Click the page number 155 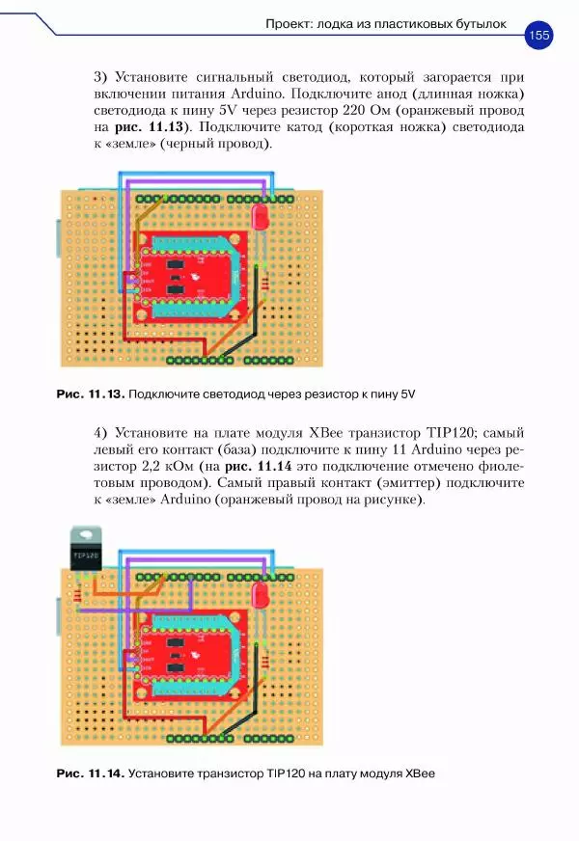(x=538, y=36)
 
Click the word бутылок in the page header (x=476, y=24)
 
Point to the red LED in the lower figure (x=260, y=594)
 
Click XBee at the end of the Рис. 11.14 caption (x=421, y=773)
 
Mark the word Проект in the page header (x=289, y=24)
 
